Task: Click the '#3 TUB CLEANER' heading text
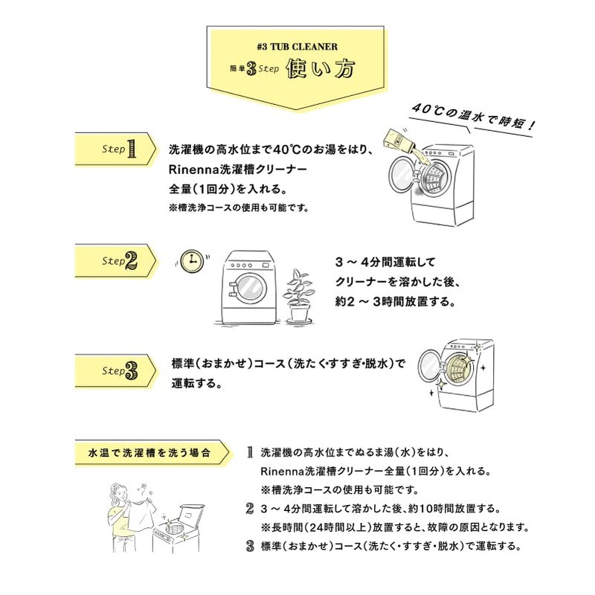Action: tap(296, 46)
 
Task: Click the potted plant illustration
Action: tap(299, 295)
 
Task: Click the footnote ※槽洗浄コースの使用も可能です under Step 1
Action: tap(239, 208)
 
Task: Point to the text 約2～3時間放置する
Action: tap(394, 303)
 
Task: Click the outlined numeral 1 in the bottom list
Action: tap(251, 451)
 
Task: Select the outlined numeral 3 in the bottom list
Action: tap(251, 546)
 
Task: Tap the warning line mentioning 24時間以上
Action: tap(394, 527)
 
